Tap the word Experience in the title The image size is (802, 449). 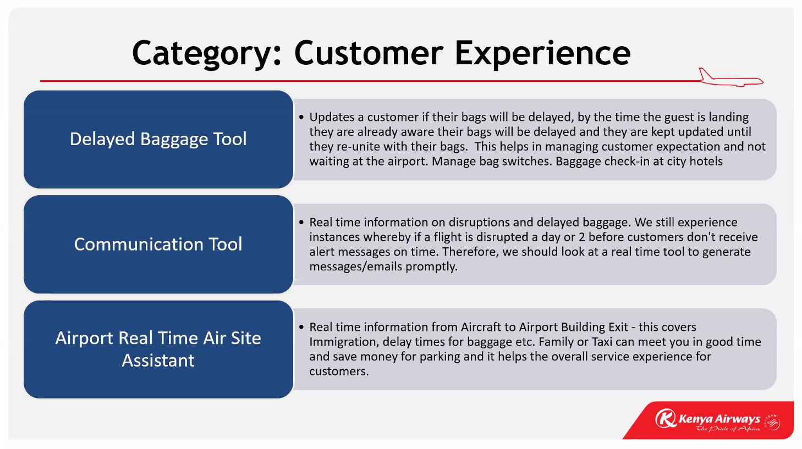point(542,54)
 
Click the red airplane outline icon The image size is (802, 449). point(731,77)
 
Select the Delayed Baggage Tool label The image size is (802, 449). point(158,139)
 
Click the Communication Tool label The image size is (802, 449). point(158,244)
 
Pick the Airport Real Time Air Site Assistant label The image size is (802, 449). point(158,349)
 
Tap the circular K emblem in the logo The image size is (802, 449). point(666,418)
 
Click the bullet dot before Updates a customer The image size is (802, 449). point(301,117)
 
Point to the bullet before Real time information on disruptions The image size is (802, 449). point(301,222)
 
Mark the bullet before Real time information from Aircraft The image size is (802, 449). point(301,327)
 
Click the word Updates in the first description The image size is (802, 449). point(332,118)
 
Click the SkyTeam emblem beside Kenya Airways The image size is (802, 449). point(773,423)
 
